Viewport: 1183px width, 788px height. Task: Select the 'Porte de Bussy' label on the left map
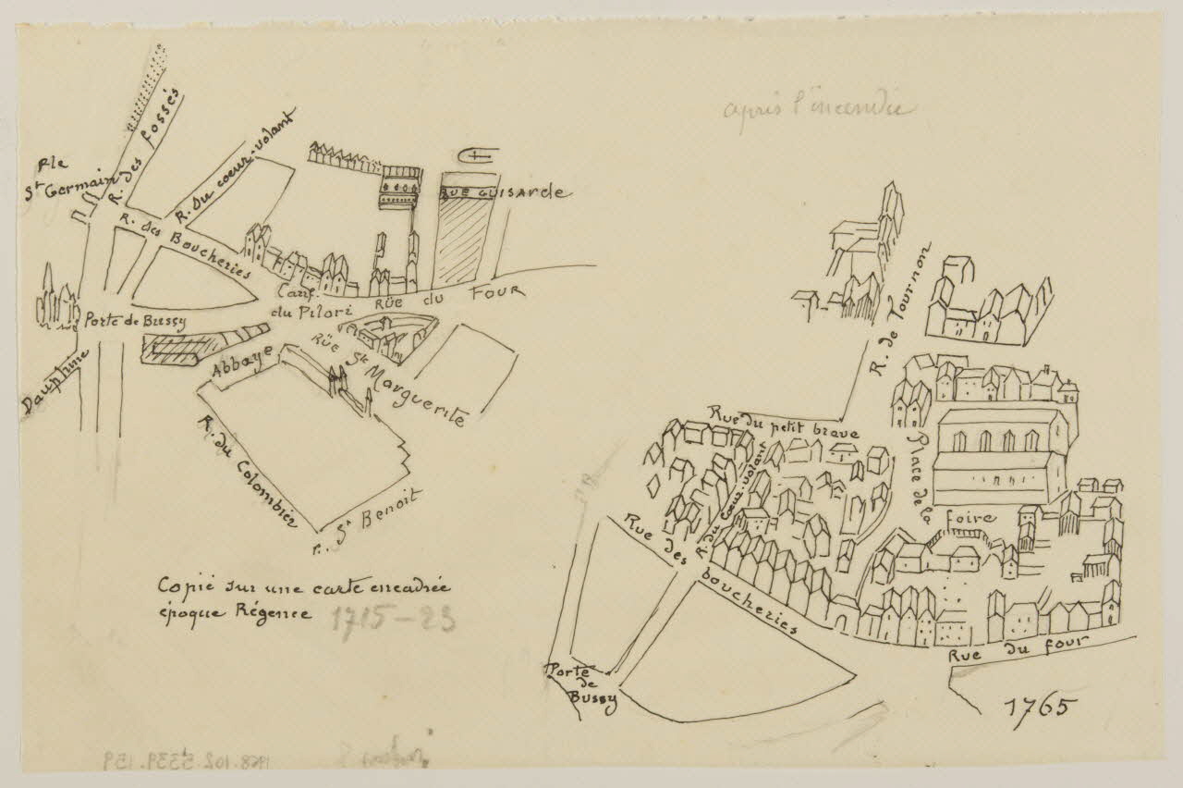point(135,322)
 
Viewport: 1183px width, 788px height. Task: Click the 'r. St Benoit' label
point(367,512)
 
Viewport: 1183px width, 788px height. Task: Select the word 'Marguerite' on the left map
point(415,395)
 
